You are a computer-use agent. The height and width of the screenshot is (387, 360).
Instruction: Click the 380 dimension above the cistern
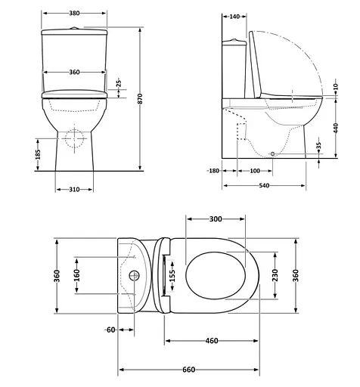(73, 14)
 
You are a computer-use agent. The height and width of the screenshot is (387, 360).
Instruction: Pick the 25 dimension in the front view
(118, 84)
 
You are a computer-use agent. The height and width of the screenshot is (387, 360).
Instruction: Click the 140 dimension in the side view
(234, 16)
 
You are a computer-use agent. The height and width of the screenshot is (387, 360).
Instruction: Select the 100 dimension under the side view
(255, 171)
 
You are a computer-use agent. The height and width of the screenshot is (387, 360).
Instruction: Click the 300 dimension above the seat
(216, 218)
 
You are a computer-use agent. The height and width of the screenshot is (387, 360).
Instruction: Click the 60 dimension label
(110, 330)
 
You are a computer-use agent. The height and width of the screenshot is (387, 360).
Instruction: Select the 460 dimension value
(212, 341)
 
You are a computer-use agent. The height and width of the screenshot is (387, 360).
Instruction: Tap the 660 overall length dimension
(190, 370)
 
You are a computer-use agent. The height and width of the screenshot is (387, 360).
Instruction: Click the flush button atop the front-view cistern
(74, 27)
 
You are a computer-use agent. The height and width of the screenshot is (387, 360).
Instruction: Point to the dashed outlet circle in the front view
(74, 140)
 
